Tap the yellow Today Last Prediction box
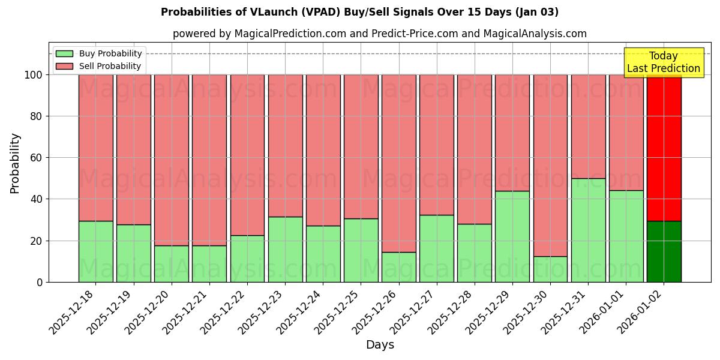[x=663, y=62]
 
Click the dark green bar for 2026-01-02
[x=664, y=251]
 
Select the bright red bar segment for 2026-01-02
[x=664, y=148]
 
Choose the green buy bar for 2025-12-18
[x=96, y=251]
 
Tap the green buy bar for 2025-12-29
[x=512, y=236]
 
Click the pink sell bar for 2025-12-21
[x=209, y=160]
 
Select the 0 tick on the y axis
[x=40, y=282]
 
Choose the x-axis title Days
[x=380, y=345]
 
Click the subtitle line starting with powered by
[x=379, y=34]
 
